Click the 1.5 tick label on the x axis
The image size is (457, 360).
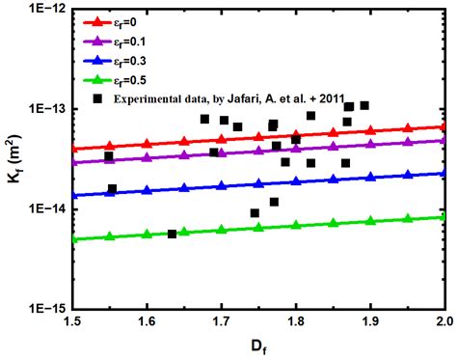[71, 321]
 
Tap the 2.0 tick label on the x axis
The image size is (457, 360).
[444, 321]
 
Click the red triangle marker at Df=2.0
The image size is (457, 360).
[443, 126]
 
